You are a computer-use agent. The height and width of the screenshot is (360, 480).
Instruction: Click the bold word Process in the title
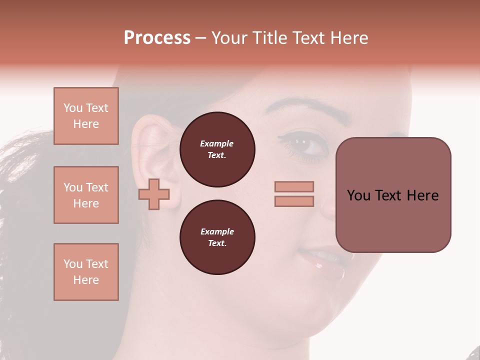tap(157, 38)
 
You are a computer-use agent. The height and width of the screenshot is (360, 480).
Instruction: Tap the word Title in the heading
tap(269, 38)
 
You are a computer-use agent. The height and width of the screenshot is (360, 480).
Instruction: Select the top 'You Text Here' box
tap(86, 116)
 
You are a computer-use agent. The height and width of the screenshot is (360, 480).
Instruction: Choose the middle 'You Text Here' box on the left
tap(86, 195)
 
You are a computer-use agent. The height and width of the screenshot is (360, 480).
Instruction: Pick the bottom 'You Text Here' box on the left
tap(86, 271)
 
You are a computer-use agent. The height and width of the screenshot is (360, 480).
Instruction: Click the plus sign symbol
tap(154, 194)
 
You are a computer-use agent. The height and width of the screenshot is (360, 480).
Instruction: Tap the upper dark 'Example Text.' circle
tap(217, 149)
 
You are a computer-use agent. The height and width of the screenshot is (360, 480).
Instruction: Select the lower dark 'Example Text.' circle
tap(217, 237)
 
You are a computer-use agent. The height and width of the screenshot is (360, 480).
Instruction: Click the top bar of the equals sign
tap(294, 186)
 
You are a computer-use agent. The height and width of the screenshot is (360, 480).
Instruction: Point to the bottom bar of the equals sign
tap(294, 201)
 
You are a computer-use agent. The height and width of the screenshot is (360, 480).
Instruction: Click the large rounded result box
tap(393, 195)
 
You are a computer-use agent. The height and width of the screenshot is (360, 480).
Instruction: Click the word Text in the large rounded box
tap(388, 195)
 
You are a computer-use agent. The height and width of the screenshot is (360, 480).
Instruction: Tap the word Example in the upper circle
tap(217, 143)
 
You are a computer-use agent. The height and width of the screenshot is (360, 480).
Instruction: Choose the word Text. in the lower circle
tap(217, 243)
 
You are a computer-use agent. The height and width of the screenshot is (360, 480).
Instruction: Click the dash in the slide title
tap(201, 38)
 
